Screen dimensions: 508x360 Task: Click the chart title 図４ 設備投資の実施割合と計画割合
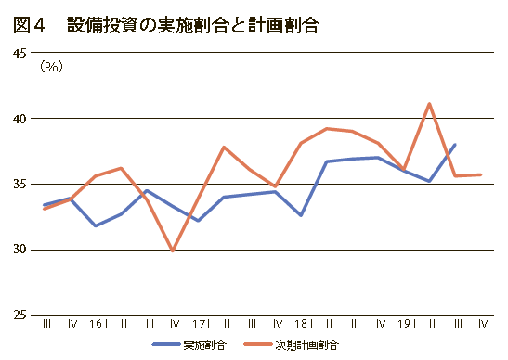click(166, 25)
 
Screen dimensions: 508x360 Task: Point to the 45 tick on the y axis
click(20, 53)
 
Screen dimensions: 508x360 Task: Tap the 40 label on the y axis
click(20, 119)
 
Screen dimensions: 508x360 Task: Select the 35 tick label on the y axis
click(20, 185)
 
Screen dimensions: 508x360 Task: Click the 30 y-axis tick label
click(20, 250)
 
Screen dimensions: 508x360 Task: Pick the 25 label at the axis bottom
click(20, 315)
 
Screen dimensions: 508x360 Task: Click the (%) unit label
click(51, 67)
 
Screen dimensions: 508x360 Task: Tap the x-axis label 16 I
click(98, 324)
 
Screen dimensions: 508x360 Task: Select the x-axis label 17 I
click(202, 324)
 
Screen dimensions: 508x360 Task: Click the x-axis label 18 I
click(304, 324)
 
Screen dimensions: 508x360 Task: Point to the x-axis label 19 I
click(407, 324)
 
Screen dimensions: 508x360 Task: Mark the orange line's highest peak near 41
click(429, 104)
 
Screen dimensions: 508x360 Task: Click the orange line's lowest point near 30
click(173, 251)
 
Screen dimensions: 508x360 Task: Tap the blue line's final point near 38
click(455, 145)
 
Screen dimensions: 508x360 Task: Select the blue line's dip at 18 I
click(301, 215)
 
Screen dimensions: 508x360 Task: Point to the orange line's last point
click(480, 174)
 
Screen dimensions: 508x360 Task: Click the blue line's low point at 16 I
click(96, 225)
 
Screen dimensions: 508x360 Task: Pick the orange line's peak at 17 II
click(224, 147)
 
